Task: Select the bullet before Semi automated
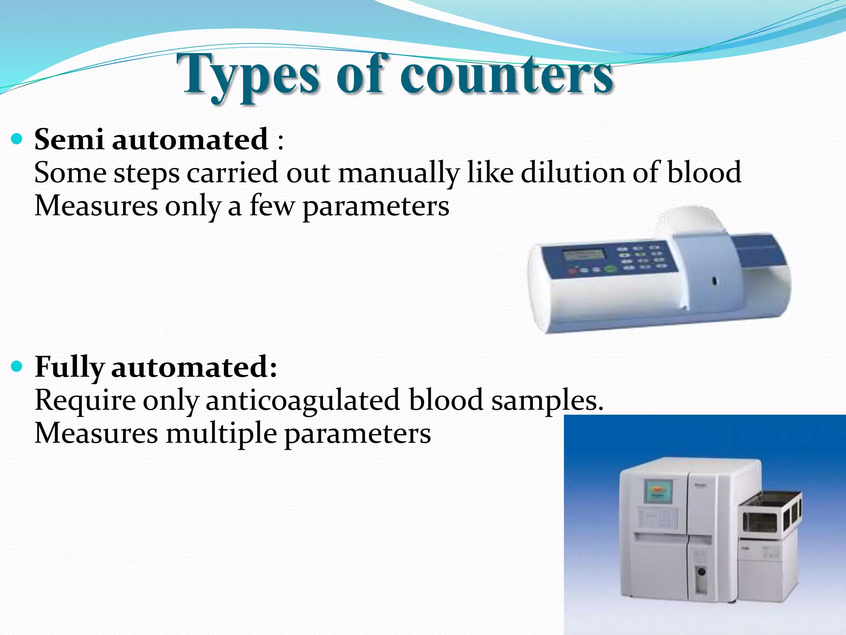[17, 139]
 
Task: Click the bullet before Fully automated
[17, 366]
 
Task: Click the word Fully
[69, 367]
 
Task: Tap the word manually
[399, 173]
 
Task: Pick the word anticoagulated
[302, 400]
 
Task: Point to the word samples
[547, 400]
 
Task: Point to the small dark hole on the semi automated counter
[714, 281]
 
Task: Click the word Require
[85, 400]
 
